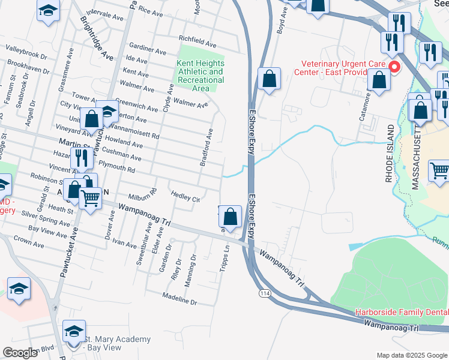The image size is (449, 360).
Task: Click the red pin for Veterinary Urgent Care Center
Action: pyautogui.click(x=394, y=67)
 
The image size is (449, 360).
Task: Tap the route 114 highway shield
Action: pyautogui.click(x=264, y=293)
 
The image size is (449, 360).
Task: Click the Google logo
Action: pyautogui.click(x=20, y=353)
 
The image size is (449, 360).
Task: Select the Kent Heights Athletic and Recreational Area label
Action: pyautogui.click(x=200, y=76)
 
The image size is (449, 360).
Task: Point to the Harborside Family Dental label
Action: pyautogui.click(x=402, y=312)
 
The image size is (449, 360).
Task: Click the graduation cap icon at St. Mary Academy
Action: pyautogui.click(x=74, y=332)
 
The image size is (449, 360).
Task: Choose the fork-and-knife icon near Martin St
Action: pyautogui.click(x=80, y=159)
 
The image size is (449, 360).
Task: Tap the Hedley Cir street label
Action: pyautogui.click(x=185, y=197)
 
